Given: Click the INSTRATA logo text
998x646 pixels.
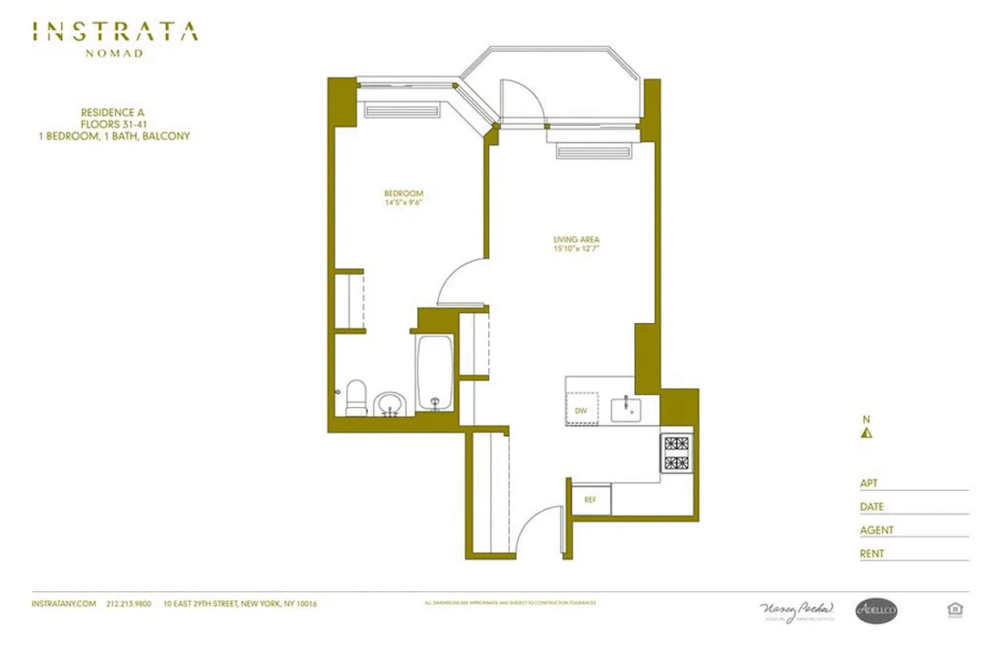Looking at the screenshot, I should pos(115,32).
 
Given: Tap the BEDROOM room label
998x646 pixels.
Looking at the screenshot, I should pos(403,194).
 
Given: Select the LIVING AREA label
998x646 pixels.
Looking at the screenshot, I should pos(576,240).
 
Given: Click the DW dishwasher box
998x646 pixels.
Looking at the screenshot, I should pos(582,410).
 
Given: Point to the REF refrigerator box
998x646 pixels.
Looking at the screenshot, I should pos(591,500).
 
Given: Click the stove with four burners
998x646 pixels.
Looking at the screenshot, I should pos(676,453).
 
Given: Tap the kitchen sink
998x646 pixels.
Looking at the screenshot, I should pos(625,409).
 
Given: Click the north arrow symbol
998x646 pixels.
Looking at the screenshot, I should pos(866,432).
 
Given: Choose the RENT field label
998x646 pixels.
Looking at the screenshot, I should pos(871,554).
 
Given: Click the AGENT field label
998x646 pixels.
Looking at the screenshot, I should pos(876,531).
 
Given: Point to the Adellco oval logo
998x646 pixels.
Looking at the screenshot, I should pos(876,611).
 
